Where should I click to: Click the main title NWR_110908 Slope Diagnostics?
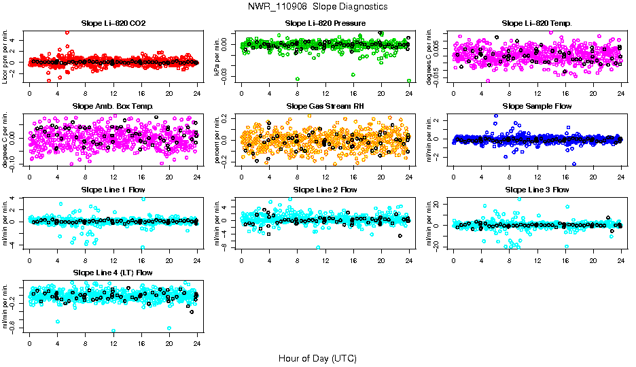click(317, 6)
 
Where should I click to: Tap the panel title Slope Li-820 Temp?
click(537, 23)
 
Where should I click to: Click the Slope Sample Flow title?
click(537, 106)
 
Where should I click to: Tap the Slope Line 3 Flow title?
click(537, 190)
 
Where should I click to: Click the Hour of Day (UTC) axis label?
click(317, 357)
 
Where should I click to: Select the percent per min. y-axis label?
click(218, 139)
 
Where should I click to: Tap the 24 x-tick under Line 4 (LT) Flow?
click(197, 344)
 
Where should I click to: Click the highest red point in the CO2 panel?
click(67, 33)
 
